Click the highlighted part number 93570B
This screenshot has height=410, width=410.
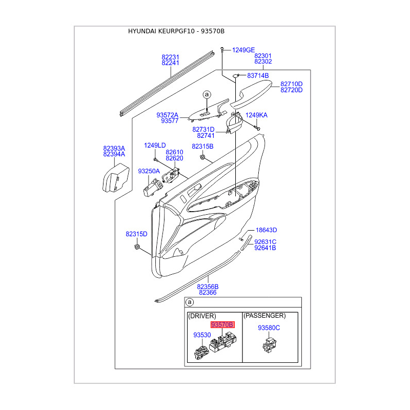pyautogui.click(x=222, y=324)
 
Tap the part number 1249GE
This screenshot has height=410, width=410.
pyautogui.click(x=243, y=50)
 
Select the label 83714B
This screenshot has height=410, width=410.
pyautogui.click(x=258, y=75)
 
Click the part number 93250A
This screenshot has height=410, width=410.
pyautogui.click(x=149, y=171)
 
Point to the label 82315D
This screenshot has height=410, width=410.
pyautogui.click(x=136, y=234)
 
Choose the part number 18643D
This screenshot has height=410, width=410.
pyautogui.click(x=266, y=230)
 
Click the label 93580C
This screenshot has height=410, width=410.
pyautogui.click(x=269, y=327)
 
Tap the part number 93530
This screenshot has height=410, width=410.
pyautogui.click(x=202, y=335)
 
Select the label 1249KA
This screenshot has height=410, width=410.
pyautogui.click(x=256, y=115)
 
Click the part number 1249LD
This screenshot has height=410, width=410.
pyautogui.click(x=155, y=145)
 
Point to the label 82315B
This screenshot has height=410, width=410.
pyautogui.click(x=202, y=147)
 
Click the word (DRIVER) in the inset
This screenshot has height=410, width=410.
pyautogui.click(x=202, y=316)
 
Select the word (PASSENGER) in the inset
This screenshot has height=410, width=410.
pyautogui.click(x=264, y=316)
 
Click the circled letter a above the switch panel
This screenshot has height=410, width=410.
pyautogui.click(x=207, y=94)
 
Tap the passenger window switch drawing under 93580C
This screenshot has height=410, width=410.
pyautogui.click(x=270, y=344)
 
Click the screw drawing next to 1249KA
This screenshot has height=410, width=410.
pyautogui.click(x=257, y=128)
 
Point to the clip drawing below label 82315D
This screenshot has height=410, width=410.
pyautogui.click(x=136, y=247)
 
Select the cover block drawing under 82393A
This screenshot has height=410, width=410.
pyautogui.click(x=116, y=178)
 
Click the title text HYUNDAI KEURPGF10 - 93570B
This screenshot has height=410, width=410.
pyautogui.click(x=176, y=31)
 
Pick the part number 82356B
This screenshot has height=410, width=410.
pyautogui.click(x=208, y=286)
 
